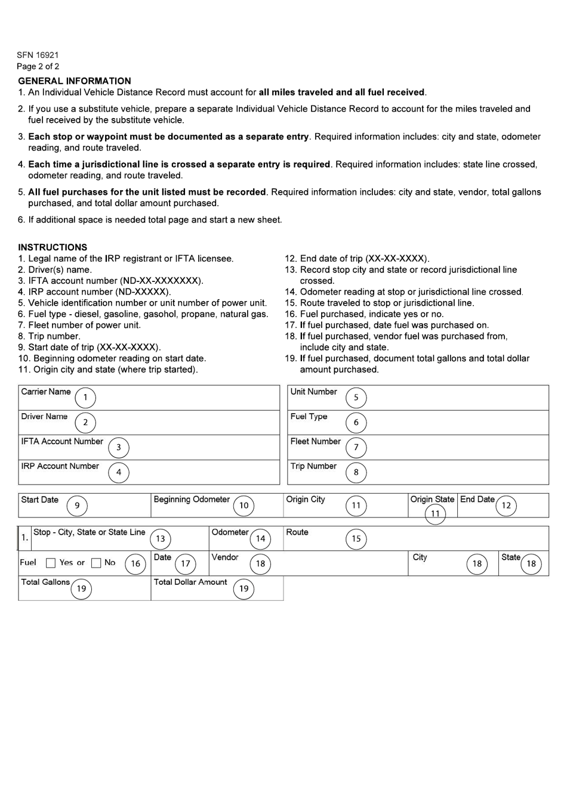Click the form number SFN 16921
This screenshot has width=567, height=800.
[38, 55]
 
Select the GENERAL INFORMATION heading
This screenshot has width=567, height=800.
[75, 81]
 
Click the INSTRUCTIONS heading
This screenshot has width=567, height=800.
[53, 247]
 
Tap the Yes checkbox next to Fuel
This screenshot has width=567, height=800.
[51, 563]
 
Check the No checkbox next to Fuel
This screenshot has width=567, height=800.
[96, 563]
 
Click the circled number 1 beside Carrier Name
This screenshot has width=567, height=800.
[85, 398]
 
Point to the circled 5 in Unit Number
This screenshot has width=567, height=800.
[356, 398]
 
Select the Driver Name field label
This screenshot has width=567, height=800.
[44, 417]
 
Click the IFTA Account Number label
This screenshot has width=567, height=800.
[62, 442]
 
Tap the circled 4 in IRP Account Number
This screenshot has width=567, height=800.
[119, 473]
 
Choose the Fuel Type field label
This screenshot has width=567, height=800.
[309, 417]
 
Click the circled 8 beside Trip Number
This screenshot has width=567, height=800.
[356, 473]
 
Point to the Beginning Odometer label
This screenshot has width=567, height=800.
[192, 500]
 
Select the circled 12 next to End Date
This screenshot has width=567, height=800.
[506, 506]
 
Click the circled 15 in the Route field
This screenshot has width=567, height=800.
[356, 539]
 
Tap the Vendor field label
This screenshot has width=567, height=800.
[225, 557]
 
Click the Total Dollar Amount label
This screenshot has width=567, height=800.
[190, 582]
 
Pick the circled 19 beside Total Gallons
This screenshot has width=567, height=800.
[81, 589]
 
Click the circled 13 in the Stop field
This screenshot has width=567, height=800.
[161, 539]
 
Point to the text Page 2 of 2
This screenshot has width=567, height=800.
[38, 67]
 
